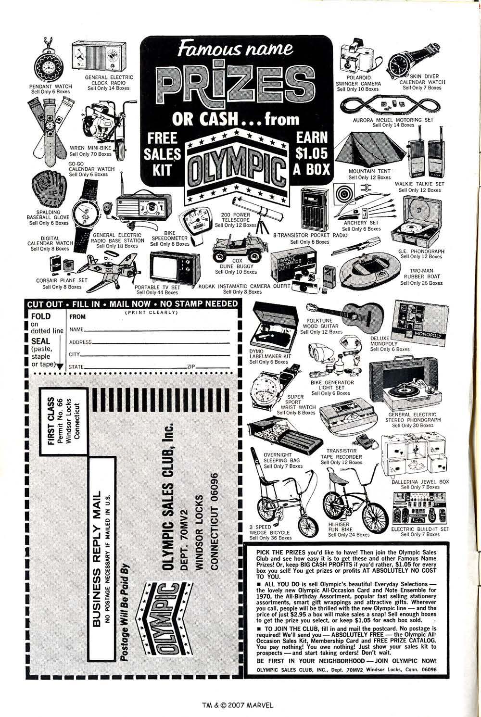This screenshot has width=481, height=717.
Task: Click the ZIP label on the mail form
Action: [x=191, y=367]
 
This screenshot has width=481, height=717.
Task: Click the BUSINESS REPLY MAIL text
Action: [x=97, y=557]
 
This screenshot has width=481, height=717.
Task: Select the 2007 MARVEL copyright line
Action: [x=237, y=704]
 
